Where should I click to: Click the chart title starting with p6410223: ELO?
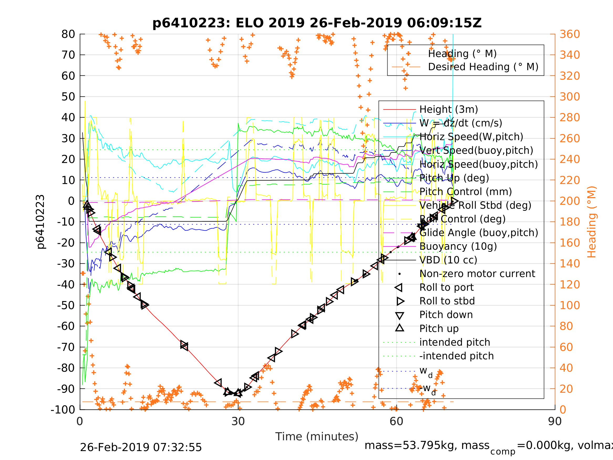(317, 23)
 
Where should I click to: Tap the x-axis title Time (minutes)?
(317, 436)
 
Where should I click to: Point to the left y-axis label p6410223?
(40, 222)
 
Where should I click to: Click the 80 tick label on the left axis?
(68, 34)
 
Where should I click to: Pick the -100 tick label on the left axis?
(63, 410)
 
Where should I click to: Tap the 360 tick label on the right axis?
(570, 34)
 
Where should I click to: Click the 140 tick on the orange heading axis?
(570, 263)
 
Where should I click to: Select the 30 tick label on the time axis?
(238, 422)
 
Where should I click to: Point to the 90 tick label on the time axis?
(555, 422)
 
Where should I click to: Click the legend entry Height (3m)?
(449, 110)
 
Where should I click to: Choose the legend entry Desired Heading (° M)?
(483, 67)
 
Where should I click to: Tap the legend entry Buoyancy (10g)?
(458, 246)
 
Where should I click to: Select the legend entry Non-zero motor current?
(477, 274)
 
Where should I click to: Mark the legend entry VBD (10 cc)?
(448, 260)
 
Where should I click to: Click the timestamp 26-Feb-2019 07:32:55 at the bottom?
(141, 448)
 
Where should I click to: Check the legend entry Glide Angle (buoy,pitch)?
(478, 233)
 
